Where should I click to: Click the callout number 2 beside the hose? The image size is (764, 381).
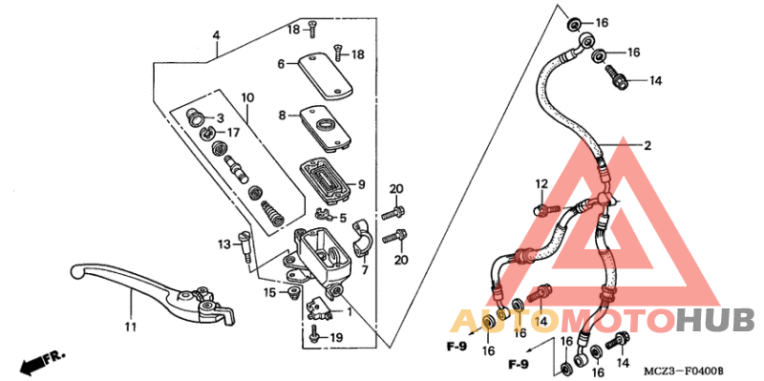click(647, 146)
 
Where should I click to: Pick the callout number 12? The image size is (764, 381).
click(541, 183)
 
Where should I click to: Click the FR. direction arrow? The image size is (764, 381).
click(42, 361)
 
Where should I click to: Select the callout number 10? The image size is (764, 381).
click(247, 97)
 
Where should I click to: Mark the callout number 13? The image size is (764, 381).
click(223, 244)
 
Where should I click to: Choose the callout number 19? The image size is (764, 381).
click(335, 338)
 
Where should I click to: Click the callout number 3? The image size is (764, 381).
click(220, 117)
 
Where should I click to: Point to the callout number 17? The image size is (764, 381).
click(233, 132)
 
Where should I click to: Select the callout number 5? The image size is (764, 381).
click(342, 219)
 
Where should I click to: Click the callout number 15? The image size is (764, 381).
click(270, 291)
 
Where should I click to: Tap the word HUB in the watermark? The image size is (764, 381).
click(715, 320)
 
